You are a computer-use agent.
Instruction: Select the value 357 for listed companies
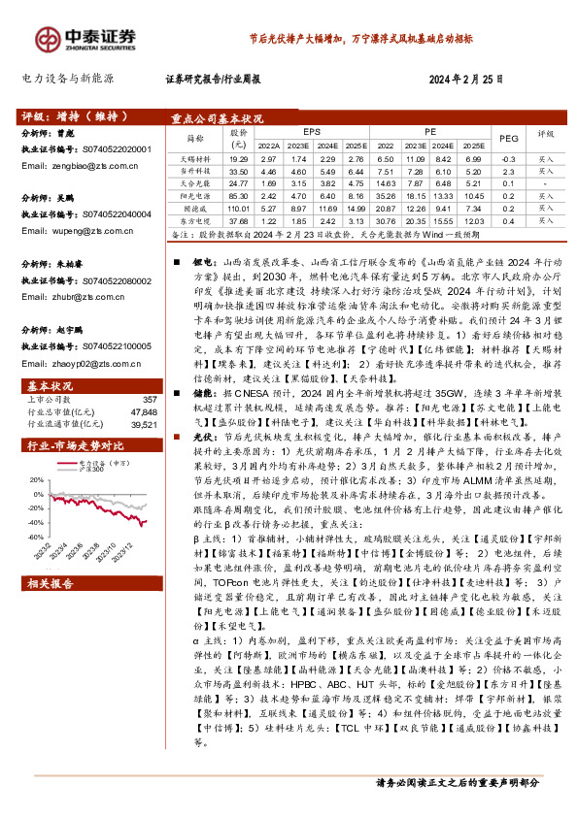[x=149, y=399]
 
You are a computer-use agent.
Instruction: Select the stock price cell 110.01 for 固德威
[x=239, y=208]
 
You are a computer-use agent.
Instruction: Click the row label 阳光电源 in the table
[x=197, y=194]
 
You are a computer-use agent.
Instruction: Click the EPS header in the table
[x=311, y=130]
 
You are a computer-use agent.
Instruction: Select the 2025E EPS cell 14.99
[x=356, y=208]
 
